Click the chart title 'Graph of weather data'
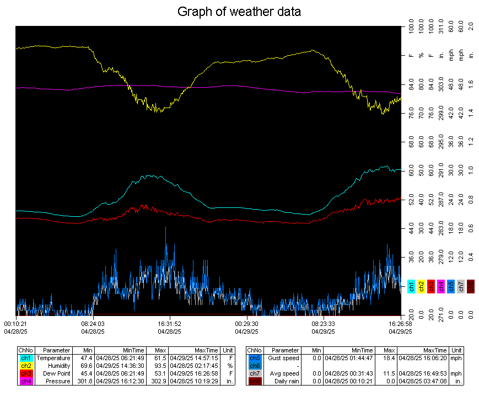pyautogui.click(x=239, y=12)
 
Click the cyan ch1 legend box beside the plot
pyautogui.click(x=411, y=286)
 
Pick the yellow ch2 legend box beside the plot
pyautogui.click(x=421, y=286)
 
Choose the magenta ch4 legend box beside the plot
pyautogui.click(x=441, y=286)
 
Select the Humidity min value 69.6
pyautogui.click(x=85, y=366)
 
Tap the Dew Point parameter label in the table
pyautogui.click(x=56, y=373)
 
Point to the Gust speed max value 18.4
pyautogui.click(x=388, y=358)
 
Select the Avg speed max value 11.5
pyautogui.click(x=388, y=373)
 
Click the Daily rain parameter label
pyautogui.click(x=285, y=381)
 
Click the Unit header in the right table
pyautogui.click(x=456, y=350)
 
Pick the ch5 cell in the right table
pyautogui.click(x=254, y=358)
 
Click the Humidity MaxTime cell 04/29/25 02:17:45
pyautogui.click(x=195, y=366)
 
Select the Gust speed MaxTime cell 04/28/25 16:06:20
pyautogui.click(x=423, y=358)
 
